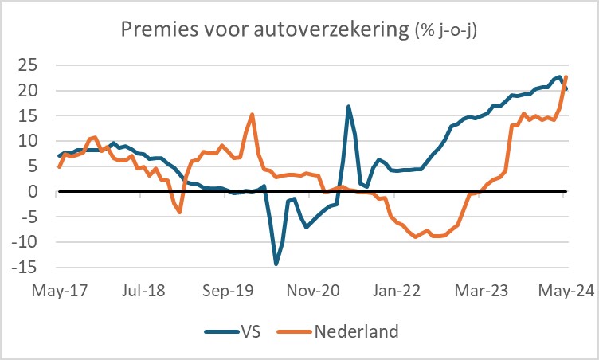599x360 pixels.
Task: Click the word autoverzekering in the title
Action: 322,30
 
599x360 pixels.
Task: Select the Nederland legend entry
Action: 356,332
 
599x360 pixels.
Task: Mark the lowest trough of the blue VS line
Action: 276,264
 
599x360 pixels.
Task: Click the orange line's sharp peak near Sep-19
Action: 252,114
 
